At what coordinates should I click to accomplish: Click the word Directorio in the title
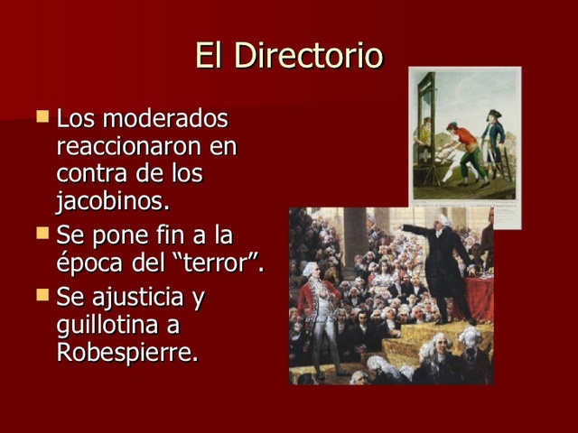308,56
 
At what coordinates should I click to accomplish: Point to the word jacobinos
112,199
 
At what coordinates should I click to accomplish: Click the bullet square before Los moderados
42,116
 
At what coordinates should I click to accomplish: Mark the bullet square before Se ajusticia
42,293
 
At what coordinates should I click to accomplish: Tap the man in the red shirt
465,149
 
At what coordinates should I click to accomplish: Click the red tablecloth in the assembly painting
480,298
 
